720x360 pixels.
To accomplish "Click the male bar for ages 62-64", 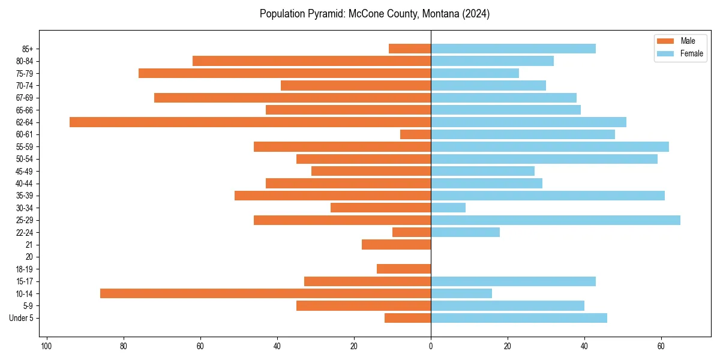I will (250, 122).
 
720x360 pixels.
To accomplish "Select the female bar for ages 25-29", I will (556, 220).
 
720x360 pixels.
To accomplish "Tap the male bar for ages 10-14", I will (265, 293).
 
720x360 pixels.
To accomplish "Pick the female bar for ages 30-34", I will (448, 208).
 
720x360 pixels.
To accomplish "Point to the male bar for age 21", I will (396, 245).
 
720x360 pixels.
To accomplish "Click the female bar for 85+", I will (513, 49).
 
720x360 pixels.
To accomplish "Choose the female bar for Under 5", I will (519, 318).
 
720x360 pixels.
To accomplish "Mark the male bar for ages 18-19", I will (404, 269).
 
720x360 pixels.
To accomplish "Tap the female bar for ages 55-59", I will (550, 146).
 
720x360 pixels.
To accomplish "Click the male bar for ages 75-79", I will (284, 73).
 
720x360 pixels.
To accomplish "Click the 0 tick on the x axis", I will (431, 346).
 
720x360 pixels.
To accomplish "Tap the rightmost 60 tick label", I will (661, 346).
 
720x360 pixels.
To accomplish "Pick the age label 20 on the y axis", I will (29, 257).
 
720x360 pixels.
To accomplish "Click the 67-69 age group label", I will (24, 98).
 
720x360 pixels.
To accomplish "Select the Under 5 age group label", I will (22, 318).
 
